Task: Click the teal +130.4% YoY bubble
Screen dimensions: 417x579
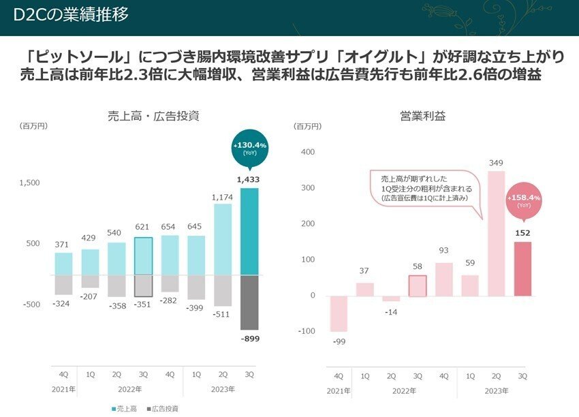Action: pos(249,149)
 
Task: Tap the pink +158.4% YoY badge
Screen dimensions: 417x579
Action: pos(524,200)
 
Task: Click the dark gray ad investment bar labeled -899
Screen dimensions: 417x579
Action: pos(249,303)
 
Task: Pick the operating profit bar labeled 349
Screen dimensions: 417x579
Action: pos(497,234)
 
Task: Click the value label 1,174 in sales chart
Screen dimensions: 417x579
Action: pos(223,197)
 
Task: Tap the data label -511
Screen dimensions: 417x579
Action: pos(223,315)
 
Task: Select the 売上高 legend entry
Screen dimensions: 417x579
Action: pos(125,408)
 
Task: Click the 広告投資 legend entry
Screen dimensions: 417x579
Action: pos(163,408)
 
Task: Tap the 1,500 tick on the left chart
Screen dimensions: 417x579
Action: pos(30,183)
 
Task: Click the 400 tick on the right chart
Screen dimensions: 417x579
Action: pos(307,152)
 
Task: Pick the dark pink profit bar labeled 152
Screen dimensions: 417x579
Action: pos(522,269)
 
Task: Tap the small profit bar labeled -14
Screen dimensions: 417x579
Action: pos(391,299)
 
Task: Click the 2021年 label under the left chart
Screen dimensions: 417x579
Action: pos(63,389)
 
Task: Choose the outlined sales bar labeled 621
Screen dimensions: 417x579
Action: pos(143,256)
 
